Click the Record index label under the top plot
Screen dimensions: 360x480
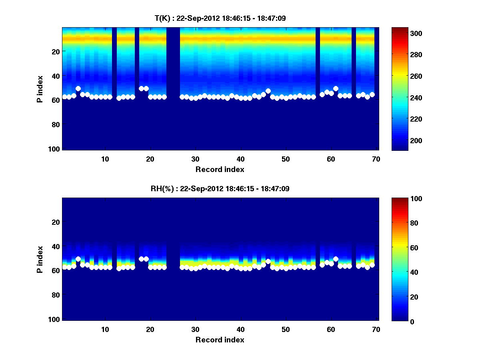tap(220, 169)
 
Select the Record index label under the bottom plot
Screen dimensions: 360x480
tap(220, 340)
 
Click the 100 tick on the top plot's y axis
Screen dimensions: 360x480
tap(55, 149)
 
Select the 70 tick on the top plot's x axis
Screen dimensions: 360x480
tap(376, 158)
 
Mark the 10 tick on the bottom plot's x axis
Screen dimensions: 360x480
tap(105, 329)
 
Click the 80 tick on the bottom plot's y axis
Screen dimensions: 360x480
tap(55, 295)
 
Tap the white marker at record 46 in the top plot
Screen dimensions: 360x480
tap(268, 91)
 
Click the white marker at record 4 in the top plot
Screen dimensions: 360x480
tap(78, 88)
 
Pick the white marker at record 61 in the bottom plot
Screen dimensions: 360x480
tap(336, 259)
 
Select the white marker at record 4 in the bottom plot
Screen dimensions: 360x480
tap(78, 259)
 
